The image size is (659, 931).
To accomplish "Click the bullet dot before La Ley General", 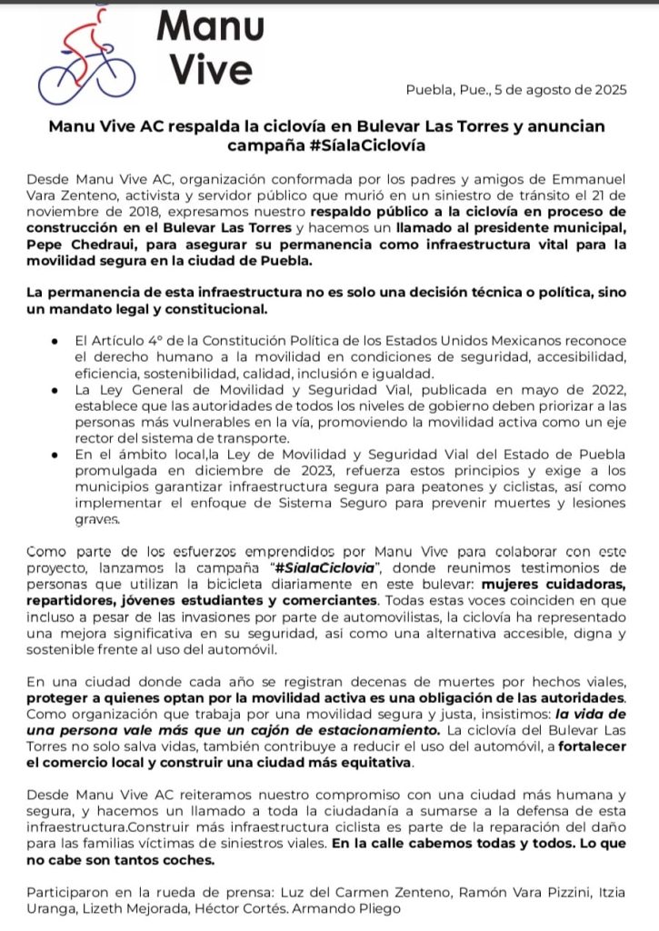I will pos(56,389).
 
